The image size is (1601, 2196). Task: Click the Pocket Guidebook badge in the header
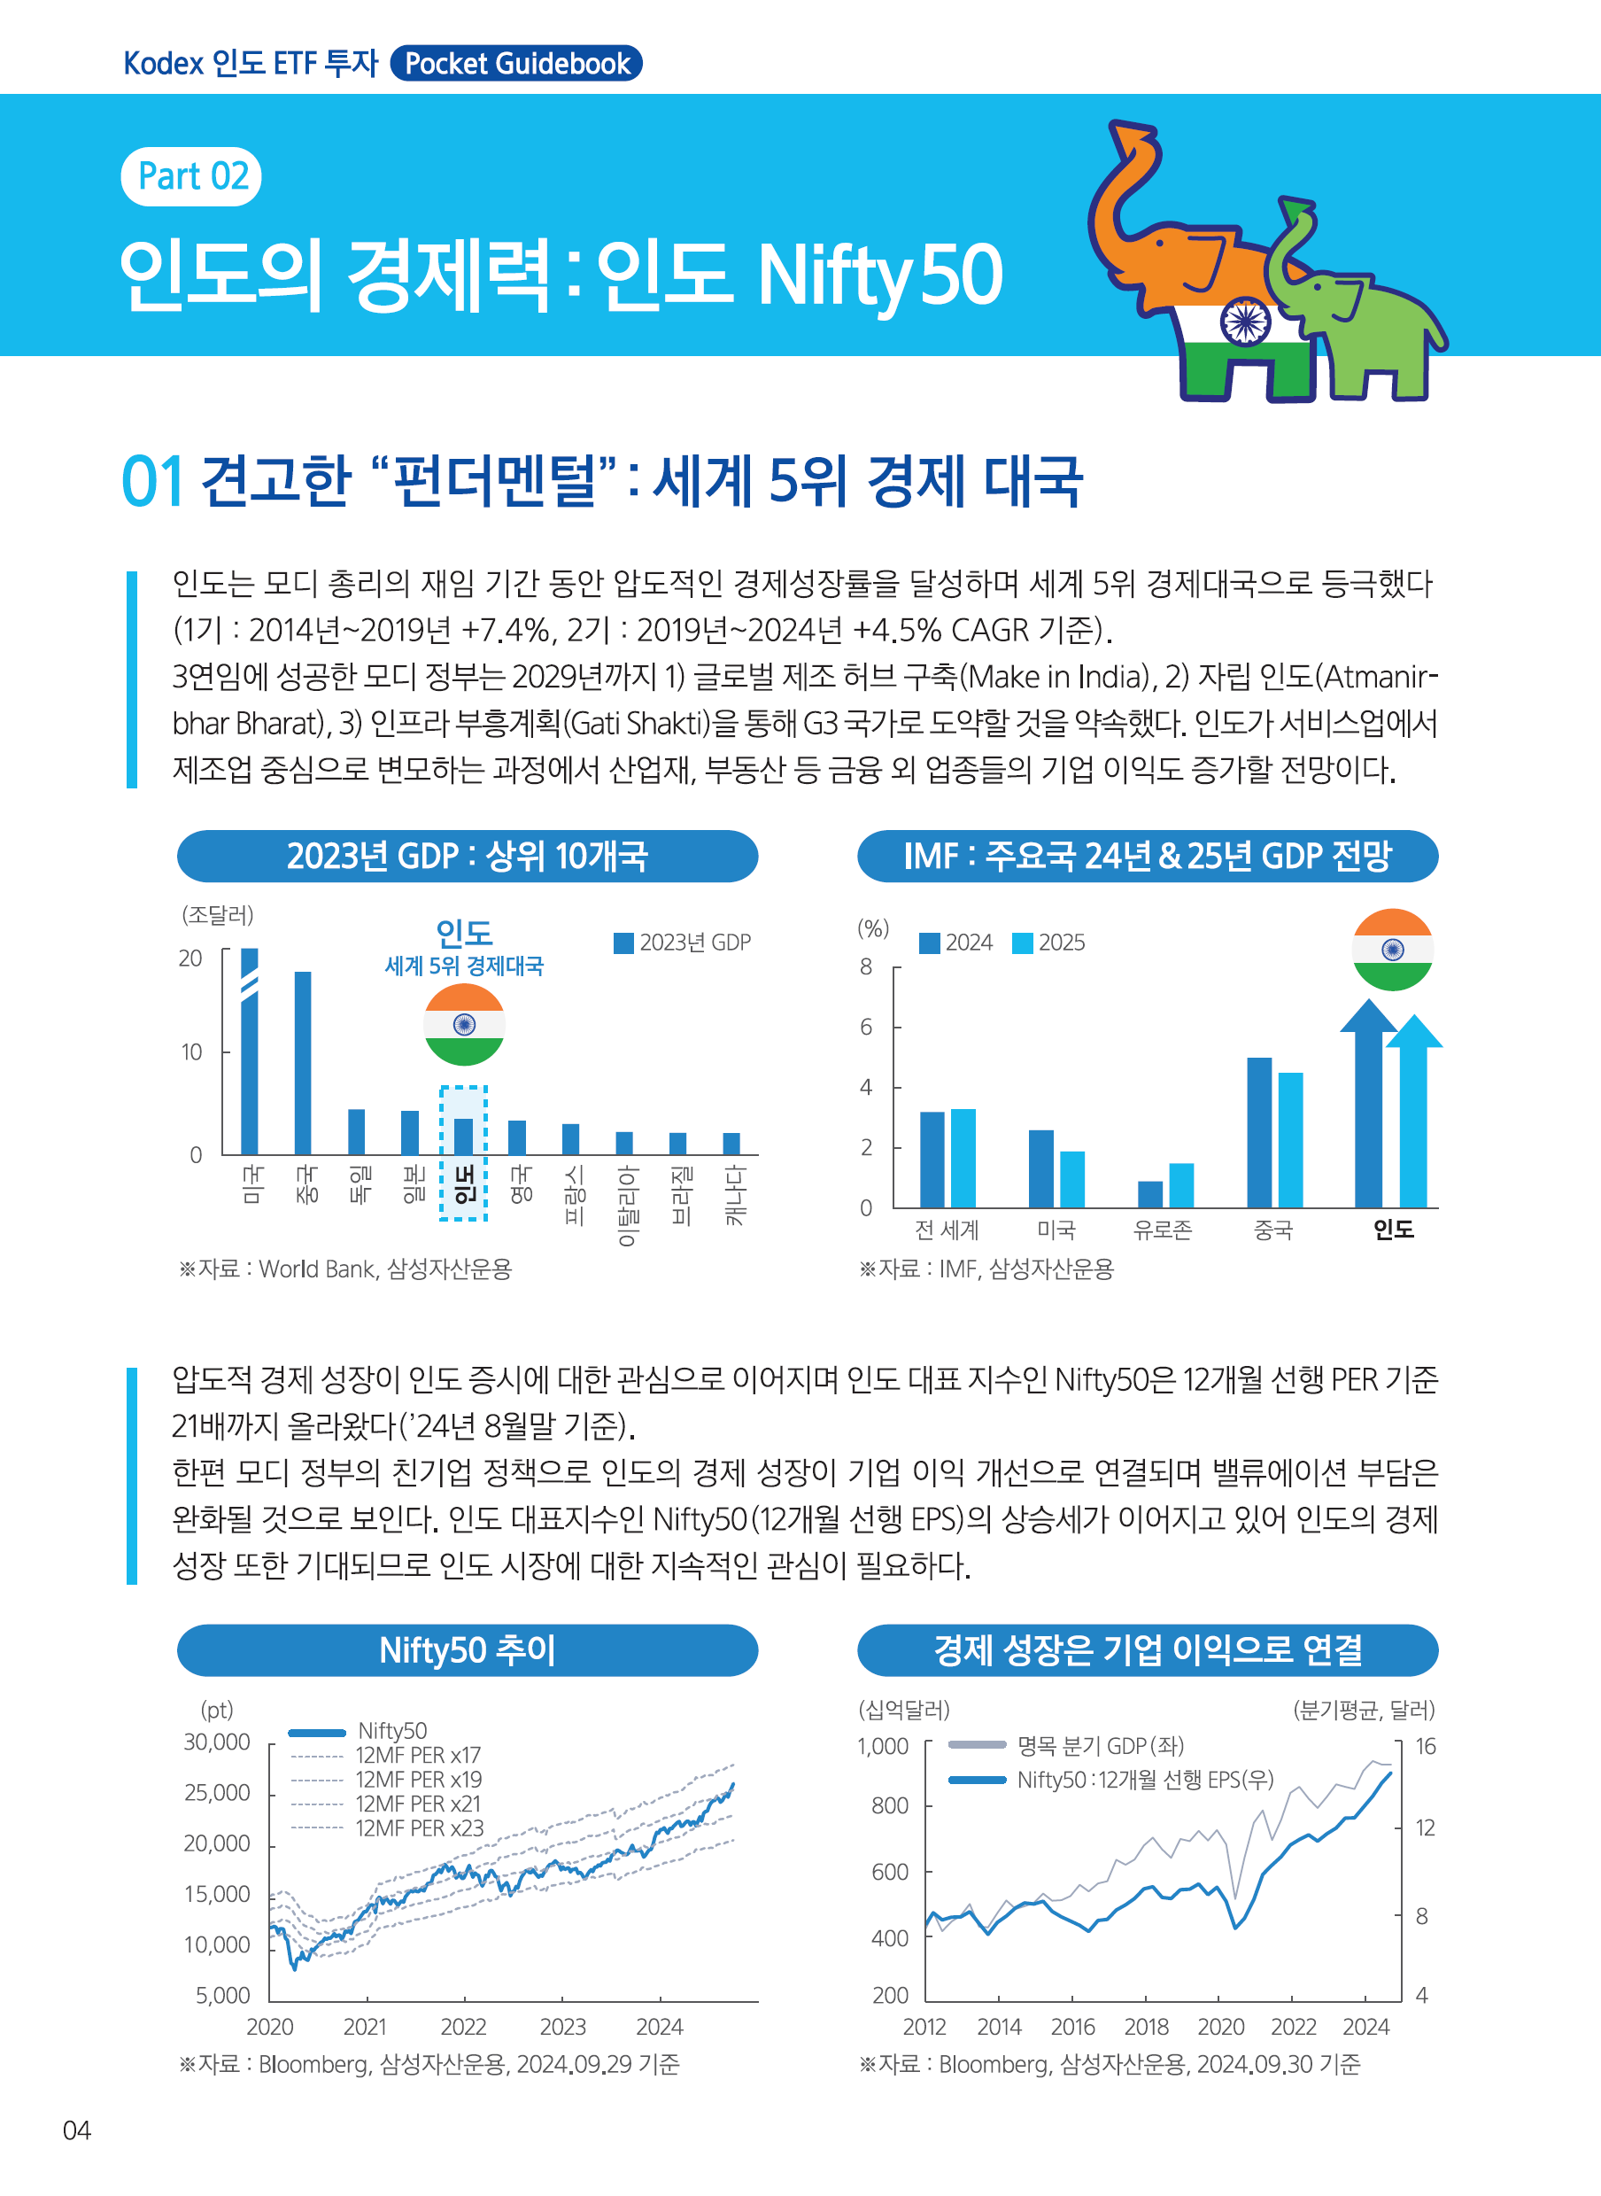point(515,64)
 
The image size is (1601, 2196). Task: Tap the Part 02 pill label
point(192,176)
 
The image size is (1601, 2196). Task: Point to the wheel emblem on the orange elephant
point(1244,321)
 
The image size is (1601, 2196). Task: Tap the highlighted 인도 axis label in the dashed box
point(464,1184)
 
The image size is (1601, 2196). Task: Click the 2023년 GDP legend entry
point(684,943)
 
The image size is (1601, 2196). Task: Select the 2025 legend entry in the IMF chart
point(1049,943)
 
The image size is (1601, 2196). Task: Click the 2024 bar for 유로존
point(1150,1193)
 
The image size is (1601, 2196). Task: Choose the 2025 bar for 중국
point(1290,1139)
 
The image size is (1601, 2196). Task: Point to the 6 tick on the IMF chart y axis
point(865,1027)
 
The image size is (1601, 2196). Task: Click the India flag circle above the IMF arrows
point(1392,949)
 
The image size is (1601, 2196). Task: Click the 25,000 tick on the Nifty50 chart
point(217,1793)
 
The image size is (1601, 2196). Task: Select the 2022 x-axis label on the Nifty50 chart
point(463,2026)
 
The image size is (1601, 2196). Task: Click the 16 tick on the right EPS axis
point(1425,1746)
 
